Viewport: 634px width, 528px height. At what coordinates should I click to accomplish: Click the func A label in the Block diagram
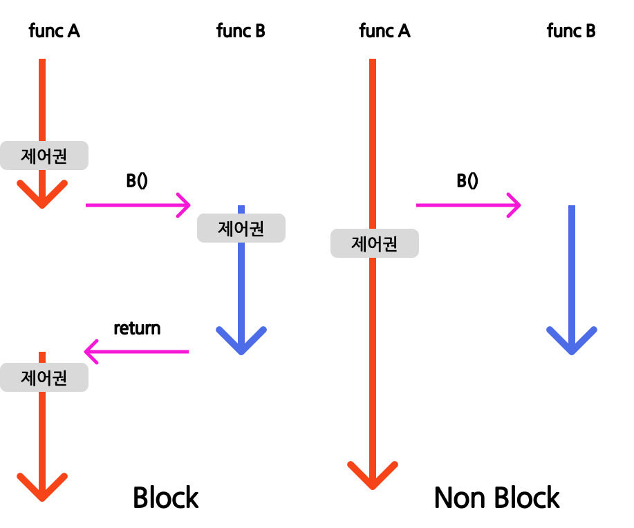(54, 30)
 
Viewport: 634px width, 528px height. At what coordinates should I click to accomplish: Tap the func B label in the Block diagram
(241, 30)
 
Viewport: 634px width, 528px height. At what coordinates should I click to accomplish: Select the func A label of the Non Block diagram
(384, 30)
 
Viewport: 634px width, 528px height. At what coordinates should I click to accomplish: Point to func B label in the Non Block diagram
(571, 30)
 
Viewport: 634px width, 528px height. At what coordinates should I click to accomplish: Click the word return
(137, 328)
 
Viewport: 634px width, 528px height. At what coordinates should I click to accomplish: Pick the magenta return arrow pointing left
(136, 351)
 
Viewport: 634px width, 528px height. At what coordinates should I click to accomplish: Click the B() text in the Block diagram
(137, 180)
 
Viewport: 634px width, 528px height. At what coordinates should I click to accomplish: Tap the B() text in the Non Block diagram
(467, 180)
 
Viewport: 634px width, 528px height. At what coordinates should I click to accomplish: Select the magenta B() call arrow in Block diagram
(138, 205)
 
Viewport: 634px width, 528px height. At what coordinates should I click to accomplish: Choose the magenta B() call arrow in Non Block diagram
(468, 205)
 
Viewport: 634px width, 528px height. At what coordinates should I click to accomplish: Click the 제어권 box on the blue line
(241, 228)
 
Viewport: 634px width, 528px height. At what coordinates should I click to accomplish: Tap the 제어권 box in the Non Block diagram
(375, 243)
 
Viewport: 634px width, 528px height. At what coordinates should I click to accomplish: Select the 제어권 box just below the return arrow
(44, 377)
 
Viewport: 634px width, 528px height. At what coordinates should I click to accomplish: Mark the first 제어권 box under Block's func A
(44, 155)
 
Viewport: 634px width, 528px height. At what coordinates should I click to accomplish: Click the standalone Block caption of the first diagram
(166, 498)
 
